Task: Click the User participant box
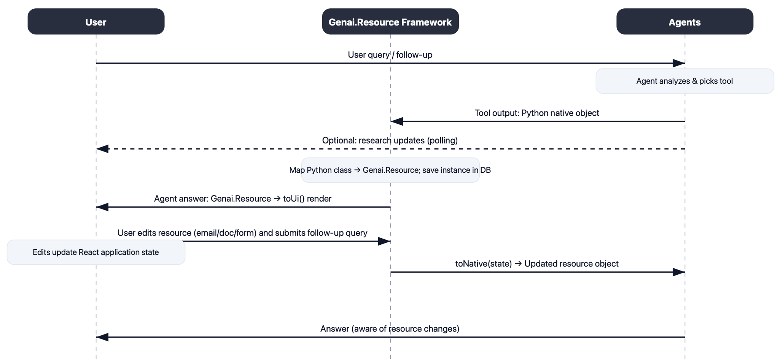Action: [x=96, y=22]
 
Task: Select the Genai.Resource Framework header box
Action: [x=390, y=22]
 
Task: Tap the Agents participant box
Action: [x=684, y=22]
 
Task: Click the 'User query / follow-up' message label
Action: [x=390, y=55]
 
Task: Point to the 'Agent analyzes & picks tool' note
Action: [x=684, y=81]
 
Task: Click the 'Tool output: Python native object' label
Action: [x=536, y=113]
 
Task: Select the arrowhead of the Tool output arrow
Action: [x=397, y=121]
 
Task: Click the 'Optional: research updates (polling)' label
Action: [x=390, y=140]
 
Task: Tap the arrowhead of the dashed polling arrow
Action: [x=102, y=149]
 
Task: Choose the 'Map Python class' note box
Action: [x=390, y=170]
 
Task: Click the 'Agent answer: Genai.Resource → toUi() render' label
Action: [x=242, y=199]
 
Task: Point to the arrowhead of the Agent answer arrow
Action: [x=102, y=207]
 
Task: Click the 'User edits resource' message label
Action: [x=242, y=233]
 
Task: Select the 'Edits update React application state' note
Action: [x=96, y=252]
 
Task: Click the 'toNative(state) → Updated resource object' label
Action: [x=536, y=264]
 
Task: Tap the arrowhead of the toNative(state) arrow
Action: [x=678, y=272]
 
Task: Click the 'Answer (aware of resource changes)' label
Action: [x=390, y=329]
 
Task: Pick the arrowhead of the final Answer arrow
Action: [x=102, y=337]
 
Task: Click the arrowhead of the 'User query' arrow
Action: [x=678, y=63]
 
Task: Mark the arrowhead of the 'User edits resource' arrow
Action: [x=384, y=241]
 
